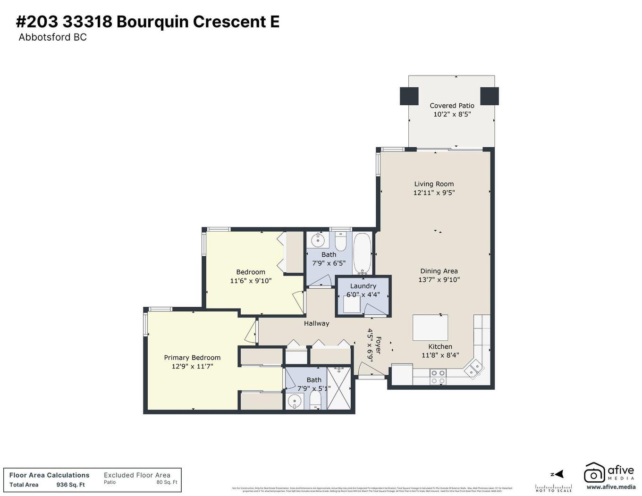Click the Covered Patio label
[x=452, y=106]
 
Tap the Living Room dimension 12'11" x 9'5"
[x=434, y=193]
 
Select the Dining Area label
[x=439, y=271]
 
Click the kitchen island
[x=430, y=328]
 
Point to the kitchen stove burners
[x=438, y=376]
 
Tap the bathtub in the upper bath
[x=363, y=253]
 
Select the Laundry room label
[x=363, y=286]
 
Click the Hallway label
[x=316, y=323]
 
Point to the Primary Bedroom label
[x=192, y=358]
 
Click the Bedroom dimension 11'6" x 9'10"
[x=251, y=281]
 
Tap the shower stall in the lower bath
[x=339, y=388]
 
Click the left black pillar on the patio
[x=409, y=96]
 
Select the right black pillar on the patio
[x=490, y=96]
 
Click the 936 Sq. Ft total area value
[x=70, y=485]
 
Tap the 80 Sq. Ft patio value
[x=167, y=482]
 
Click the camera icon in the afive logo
[x=594, y=473]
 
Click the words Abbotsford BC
[x=52, y=37]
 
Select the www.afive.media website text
[x=611, y=487]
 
